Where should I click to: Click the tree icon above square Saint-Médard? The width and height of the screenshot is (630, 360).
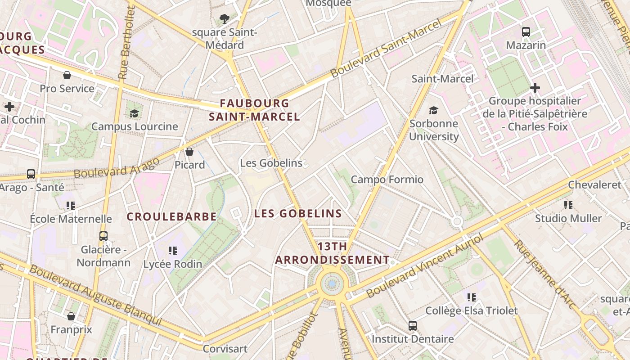[x=224, y=19]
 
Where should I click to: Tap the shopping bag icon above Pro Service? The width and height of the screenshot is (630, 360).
[x=67, y=75]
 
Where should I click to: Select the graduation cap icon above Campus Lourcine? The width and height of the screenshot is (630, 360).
[x=134, y=113]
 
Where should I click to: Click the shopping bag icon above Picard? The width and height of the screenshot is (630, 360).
[x=189, y=151]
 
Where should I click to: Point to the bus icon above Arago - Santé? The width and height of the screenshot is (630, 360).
[x=31, y=174]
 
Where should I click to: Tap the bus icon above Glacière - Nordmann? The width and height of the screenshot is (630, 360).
[x=103, y=236]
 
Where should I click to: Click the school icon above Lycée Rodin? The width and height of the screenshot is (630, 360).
[x=173, y=250]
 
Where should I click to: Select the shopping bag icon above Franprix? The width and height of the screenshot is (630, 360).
[x=71, y=316]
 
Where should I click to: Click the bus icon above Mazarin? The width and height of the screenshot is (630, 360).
[x=526, y=31]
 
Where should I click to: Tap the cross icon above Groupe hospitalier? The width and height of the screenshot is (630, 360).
[x=535, y=87]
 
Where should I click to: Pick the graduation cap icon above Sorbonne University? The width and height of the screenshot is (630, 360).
[x=433, y=110]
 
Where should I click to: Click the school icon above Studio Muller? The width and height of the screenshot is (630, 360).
[x=568, y=205]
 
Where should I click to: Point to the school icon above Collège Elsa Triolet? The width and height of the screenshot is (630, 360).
[x=472, y=297]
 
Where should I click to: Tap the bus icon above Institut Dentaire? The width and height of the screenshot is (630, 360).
[x=413, y=325]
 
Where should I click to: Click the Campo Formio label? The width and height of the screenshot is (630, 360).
[x=387, y=180]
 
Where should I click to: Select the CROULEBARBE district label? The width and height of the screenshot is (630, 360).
[x=172, y=217]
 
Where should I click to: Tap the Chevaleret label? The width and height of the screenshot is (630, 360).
[x=594, y=184]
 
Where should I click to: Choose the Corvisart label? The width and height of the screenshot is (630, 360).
[x=225, y=349]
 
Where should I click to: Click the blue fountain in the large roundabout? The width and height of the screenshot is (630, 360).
[x=332, y=284]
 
